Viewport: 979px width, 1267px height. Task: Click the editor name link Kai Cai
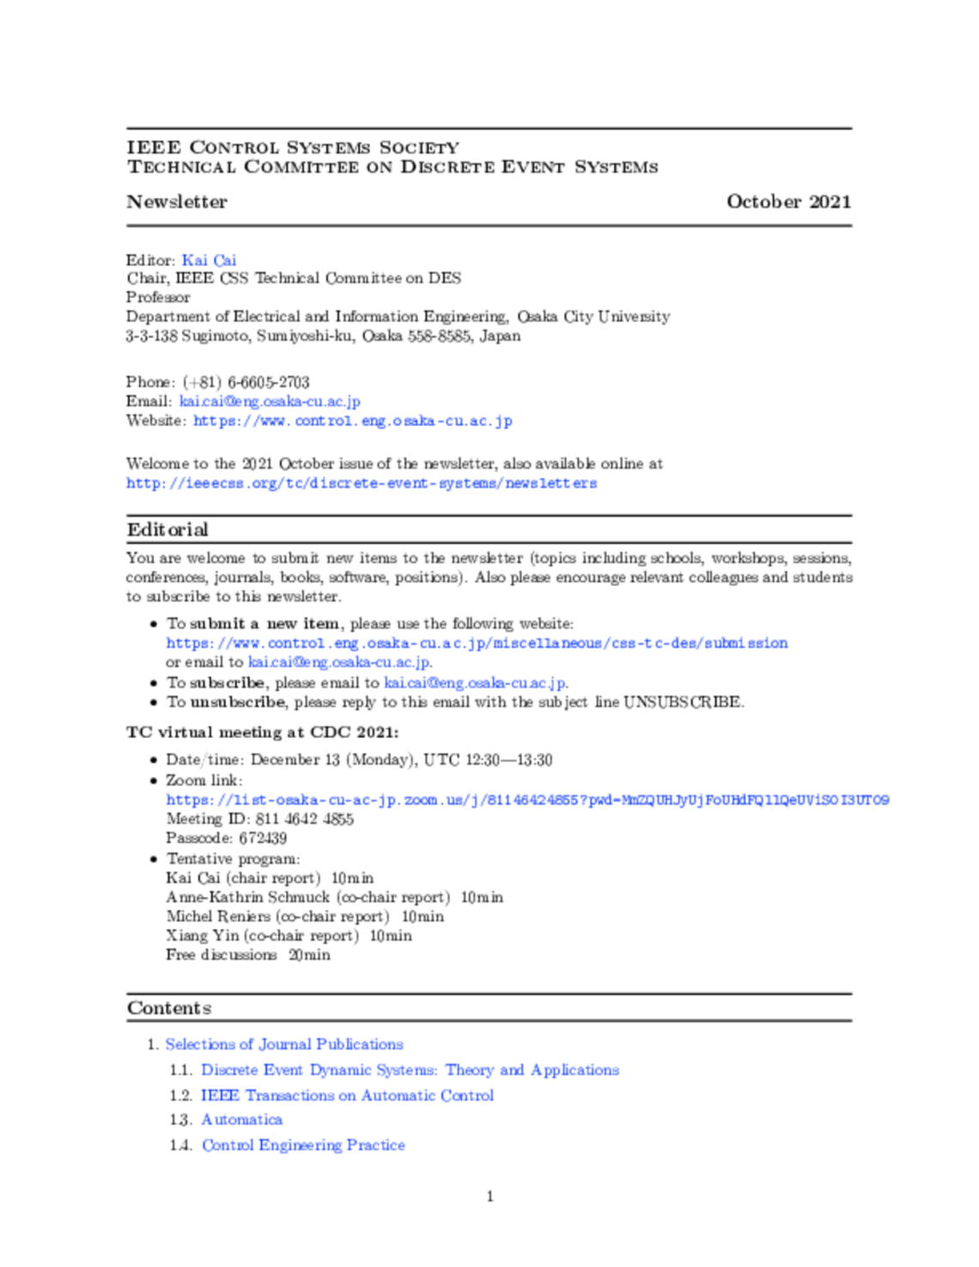(x=209, y=260)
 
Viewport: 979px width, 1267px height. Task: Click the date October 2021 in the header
(x=788, y=202)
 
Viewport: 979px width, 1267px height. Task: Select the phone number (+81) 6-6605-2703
(x=246, y=382)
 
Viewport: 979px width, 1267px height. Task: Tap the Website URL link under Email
(x=352, y=421)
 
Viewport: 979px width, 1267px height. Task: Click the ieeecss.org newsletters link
(x=361, y=483)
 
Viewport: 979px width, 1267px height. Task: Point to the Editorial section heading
(x=167, y=530)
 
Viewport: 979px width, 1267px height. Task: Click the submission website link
(x=477, y=643)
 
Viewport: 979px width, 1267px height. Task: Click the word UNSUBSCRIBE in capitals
(x=683, y=702)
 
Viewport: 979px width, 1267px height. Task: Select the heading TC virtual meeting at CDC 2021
(x=262, y=732)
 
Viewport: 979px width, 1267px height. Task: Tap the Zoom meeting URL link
(x=527, y=800)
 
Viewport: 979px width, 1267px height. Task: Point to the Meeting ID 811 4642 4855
(x=304, y=819)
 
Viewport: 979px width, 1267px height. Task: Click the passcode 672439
(x=262, y=838)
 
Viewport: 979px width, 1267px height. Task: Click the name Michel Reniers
(x=219, y=917)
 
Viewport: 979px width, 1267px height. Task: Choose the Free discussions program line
(x=247, y=955)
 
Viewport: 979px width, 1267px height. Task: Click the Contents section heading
(x=169, y=1009)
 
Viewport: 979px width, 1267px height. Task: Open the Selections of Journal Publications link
(x=284, y=1045)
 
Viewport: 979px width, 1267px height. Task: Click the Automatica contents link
(x=241, y=1120)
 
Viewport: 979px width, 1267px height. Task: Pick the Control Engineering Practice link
(x=303, y=1145)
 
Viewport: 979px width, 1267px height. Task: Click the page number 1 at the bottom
(x=489, y=1197)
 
